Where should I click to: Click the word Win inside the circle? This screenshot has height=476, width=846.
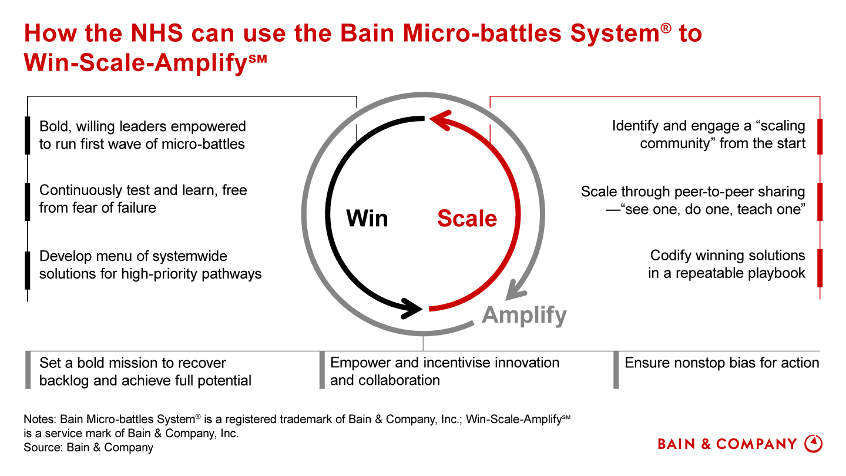tap(367, 219)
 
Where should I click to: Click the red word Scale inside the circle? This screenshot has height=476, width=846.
tap(467, 219)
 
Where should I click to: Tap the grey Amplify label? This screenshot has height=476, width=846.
tap(524, 316)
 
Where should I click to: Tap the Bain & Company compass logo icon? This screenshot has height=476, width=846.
tap(813, 444)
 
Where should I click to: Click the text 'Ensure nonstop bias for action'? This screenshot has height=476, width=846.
tap(721, 363)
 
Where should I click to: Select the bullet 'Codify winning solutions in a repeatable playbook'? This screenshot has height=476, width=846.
tap(727, 264)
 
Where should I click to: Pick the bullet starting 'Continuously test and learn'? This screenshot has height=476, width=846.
tap(143, 199)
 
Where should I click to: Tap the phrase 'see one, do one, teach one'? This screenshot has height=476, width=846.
tap(712, 209)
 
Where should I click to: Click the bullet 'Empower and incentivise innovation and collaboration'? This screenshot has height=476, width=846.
tap(445, 371)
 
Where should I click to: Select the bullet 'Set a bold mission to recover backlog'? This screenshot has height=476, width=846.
tap(145, 371)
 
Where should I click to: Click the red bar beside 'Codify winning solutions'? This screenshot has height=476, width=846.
tap(820, 267)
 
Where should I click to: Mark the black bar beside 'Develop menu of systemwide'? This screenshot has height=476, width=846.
tap(27, 270)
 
